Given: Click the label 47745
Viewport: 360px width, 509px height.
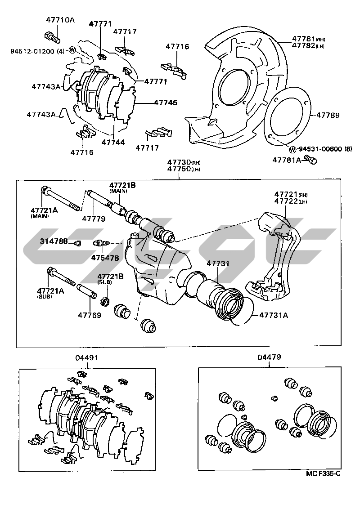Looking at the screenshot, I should pos(165,103).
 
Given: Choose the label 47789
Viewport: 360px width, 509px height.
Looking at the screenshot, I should pos(328,115).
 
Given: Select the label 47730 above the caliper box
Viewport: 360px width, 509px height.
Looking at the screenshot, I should pos(179,162).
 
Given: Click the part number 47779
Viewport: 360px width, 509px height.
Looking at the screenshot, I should pos(93,219).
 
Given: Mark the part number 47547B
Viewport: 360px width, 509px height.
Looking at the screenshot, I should pos(105,258).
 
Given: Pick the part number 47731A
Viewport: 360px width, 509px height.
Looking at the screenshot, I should pos(273,315).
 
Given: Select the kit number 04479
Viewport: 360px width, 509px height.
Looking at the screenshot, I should pos(270,358).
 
